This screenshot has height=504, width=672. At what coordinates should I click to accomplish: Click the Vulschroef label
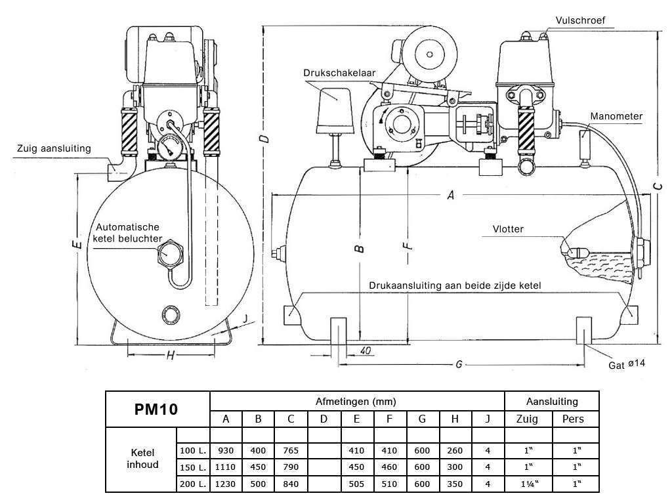[579, 20]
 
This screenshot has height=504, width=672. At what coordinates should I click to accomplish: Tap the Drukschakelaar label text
[339, 73]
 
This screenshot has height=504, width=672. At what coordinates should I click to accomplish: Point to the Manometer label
[616, 116]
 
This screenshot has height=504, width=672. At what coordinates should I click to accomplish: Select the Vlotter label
[509, 229]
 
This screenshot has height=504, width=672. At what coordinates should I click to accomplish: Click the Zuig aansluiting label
[54, 149]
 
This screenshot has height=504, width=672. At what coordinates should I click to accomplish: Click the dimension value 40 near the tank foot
[366, 350]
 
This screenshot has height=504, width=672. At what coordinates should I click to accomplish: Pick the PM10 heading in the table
[156, 409]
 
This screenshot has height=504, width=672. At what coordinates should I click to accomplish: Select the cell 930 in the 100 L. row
[226, 451]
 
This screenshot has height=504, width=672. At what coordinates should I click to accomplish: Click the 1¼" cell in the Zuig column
[528, 484]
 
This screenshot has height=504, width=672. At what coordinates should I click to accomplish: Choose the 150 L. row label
[193, 467]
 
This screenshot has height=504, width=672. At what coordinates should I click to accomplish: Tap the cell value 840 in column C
[291, 484]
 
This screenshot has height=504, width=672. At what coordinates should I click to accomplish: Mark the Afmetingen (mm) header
[356, 401]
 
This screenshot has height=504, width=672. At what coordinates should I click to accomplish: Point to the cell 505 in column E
[356, 484]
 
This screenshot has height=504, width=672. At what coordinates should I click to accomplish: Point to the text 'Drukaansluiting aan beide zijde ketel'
[454, 285]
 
